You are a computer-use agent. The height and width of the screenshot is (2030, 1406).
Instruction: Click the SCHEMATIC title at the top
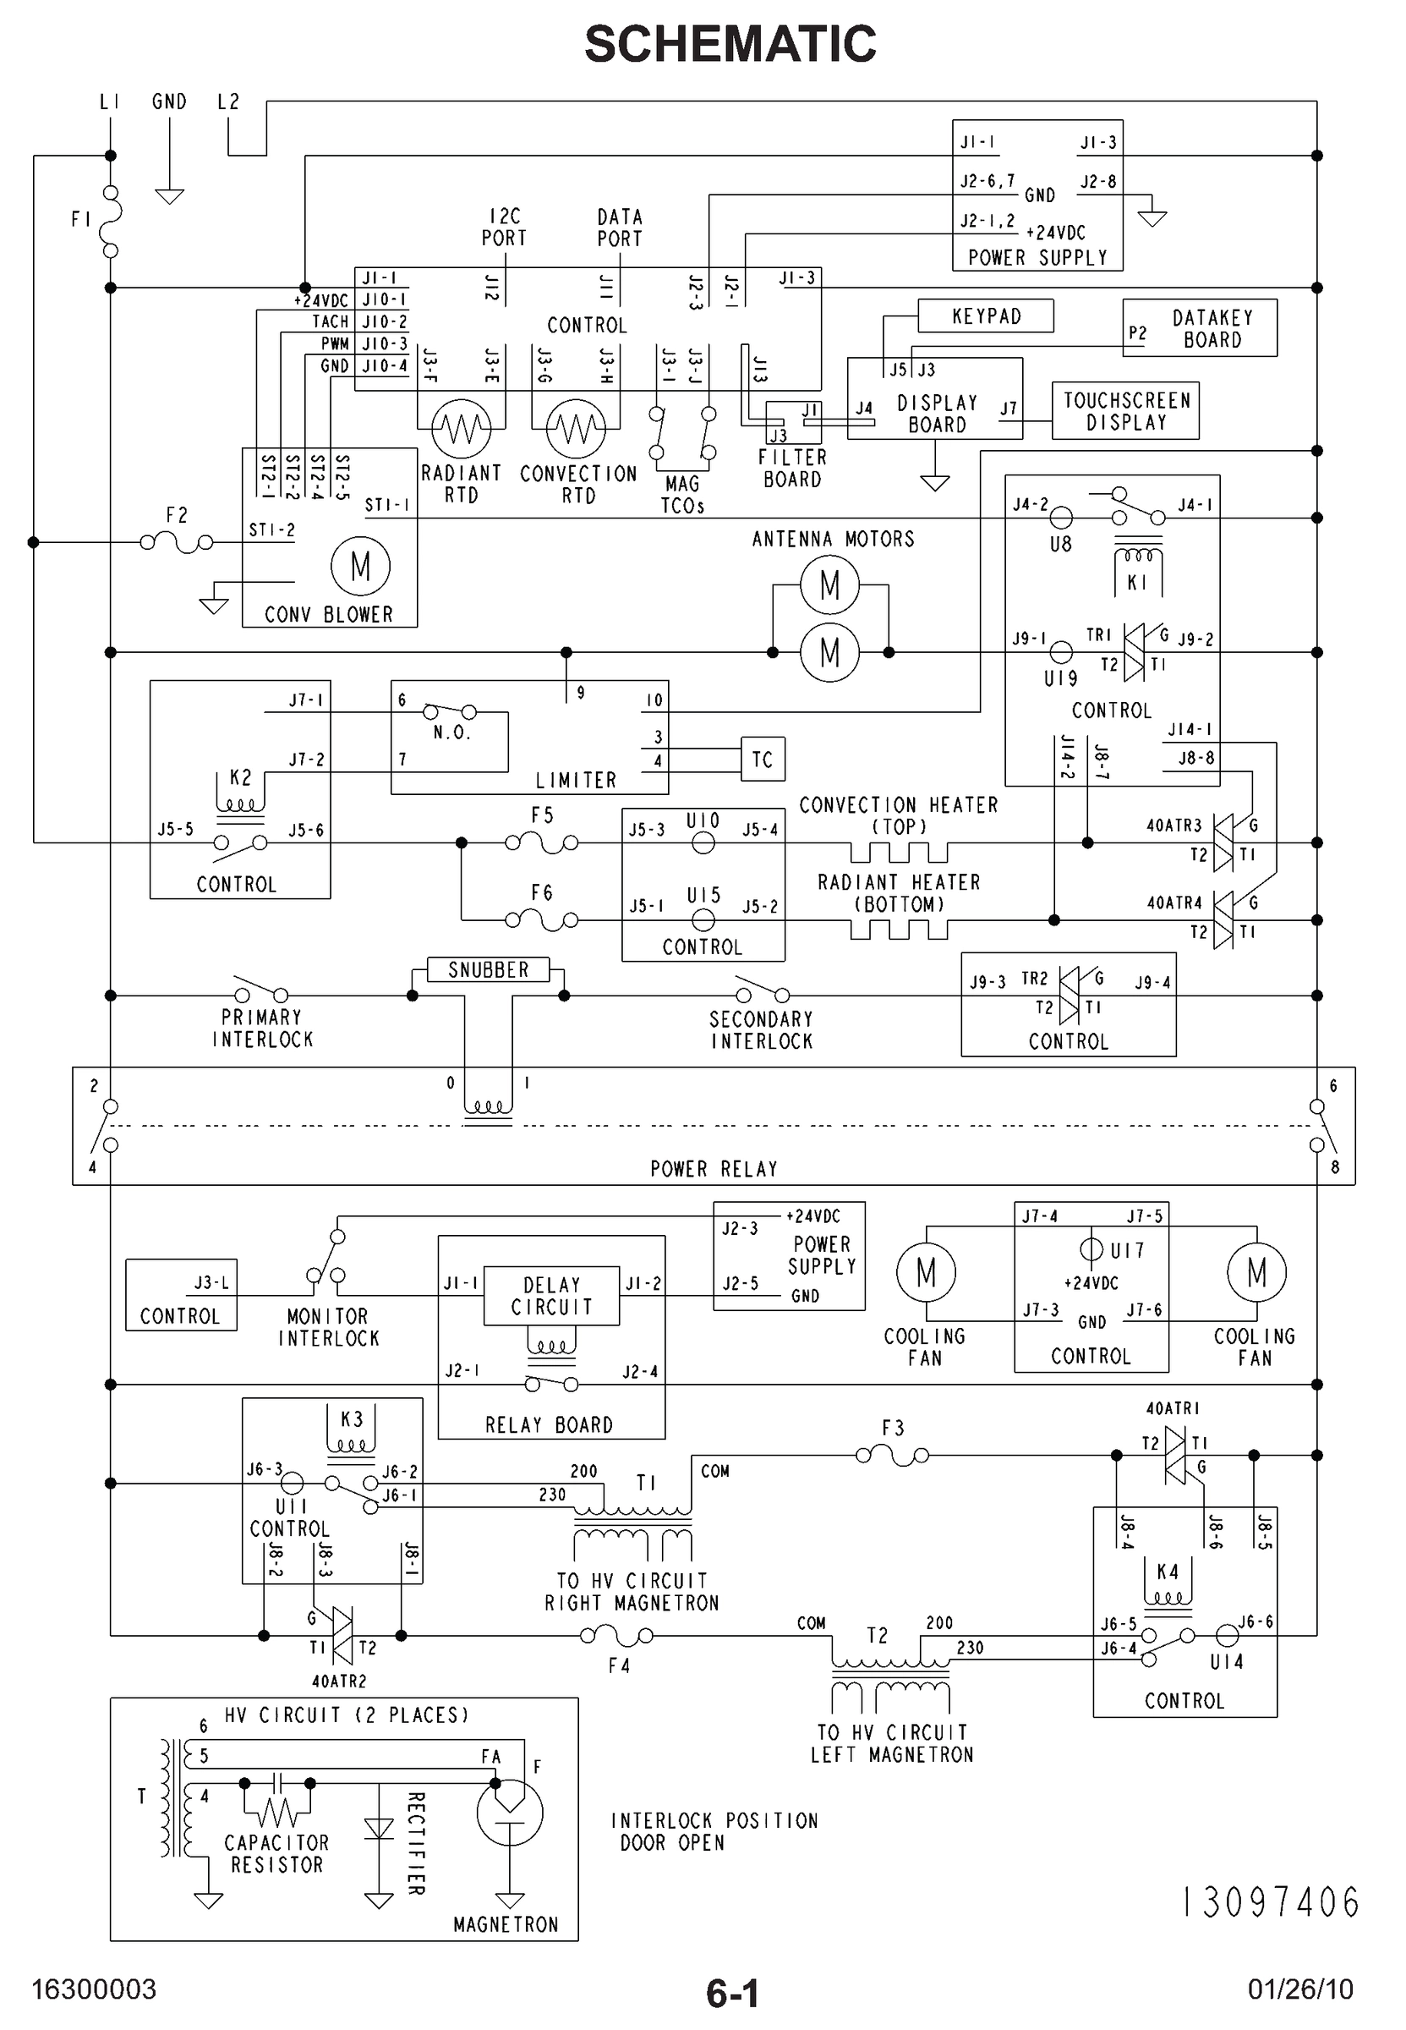tap(730, 44)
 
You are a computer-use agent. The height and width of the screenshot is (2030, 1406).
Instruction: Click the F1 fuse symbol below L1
tap(110, 220)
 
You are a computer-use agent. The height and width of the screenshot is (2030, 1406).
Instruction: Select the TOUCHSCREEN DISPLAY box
tap(1125, 410)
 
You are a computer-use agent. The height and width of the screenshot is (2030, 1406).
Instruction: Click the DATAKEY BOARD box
tap(1199, 328)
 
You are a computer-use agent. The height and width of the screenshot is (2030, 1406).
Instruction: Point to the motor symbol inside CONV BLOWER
tap(360, 566)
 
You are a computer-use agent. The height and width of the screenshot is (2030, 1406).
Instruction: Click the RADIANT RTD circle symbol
tap(461, 428)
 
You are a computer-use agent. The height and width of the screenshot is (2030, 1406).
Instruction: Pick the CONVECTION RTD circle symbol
tap(575, 428)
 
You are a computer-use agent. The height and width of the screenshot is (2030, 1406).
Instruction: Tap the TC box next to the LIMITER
tap(762, 759)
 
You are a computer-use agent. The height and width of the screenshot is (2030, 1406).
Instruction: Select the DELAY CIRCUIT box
tap(551, 1295)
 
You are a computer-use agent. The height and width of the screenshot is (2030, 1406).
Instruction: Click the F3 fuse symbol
tap(893, 1456)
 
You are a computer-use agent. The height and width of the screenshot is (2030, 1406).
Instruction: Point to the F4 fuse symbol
tap(616, 1636)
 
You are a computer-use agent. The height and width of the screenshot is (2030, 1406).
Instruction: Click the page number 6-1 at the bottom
tap(732, 1993)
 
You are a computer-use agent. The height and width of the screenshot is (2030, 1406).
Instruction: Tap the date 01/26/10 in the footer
tap(1299, 1989)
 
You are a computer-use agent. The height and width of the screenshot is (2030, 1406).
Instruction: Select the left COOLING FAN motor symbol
tap(925, 1271)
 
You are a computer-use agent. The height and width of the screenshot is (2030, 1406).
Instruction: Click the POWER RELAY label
tap(714, 1169)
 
